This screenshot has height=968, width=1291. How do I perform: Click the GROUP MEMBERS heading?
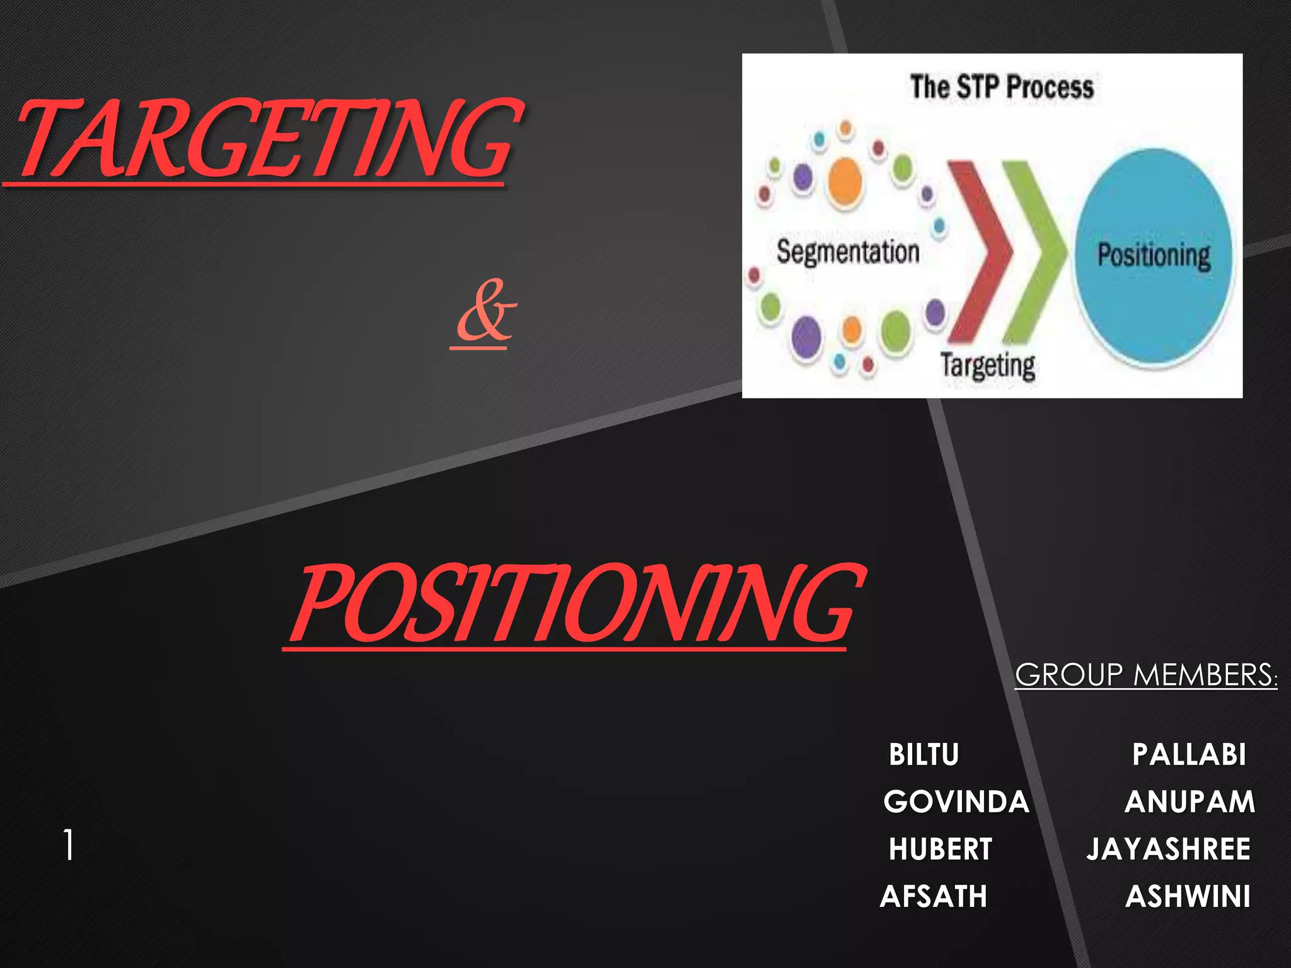point(1145,675)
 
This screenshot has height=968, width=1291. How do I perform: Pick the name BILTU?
point(923,754)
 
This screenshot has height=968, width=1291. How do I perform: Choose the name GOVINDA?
point(956,802)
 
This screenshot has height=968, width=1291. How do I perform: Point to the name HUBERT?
point(941,849)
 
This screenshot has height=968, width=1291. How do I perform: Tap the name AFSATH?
point(934,896)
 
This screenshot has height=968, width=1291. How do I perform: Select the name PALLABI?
point(1189,754)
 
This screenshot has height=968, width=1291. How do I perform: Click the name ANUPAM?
point(1190,802)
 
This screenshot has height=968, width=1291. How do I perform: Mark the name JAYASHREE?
point(1168,849)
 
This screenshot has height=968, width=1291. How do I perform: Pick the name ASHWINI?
point(1188,896)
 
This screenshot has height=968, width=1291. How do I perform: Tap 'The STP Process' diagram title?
point(1002,87)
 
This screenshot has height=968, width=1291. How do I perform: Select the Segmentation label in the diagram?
point(848,252)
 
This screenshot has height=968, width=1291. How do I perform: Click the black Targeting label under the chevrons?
point(988,366)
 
